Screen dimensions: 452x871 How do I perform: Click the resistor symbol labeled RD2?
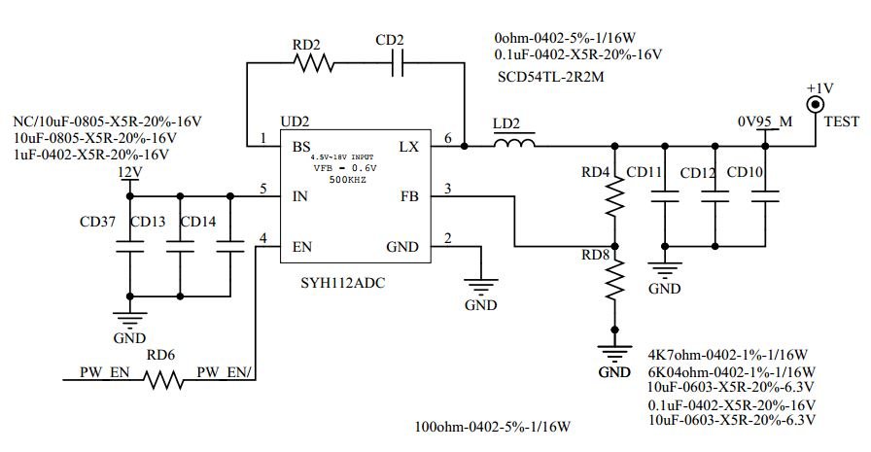point(314,64)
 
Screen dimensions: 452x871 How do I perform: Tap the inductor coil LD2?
point(514,147)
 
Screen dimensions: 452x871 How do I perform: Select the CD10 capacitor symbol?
point(765,196)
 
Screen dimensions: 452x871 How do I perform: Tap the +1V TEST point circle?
point(818,105)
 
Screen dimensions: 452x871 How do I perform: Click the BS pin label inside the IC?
point(301,147)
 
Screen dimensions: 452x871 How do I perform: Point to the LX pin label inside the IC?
point(408,147)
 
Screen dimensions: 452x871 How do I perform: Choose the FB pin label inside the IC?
point(409,196)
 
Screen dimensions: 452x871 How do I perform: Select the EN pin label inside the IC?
point(302,246)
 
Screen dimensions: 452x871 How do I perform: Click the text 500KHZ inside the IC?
point(346,180)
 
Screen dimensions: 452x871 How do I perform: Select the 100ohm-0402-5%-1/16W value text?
point(491,427)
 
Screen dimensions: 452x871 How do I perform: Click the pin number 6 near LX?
point(448,139)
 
